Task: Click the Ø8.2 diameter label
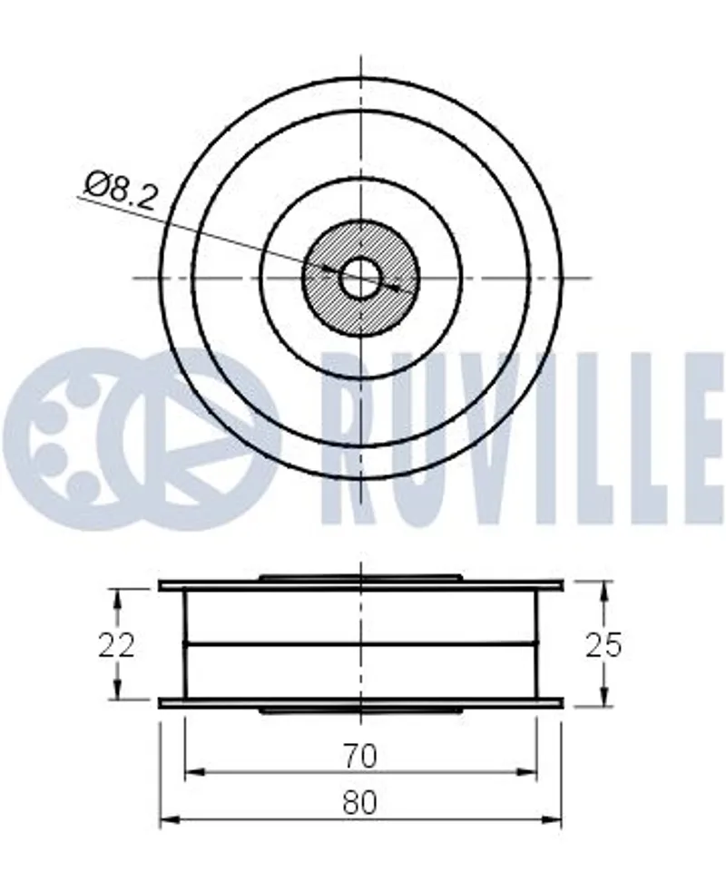pyautogui.click(x=119, y=191)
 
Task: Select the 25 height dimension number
pyautogui.click(x=604, y=644)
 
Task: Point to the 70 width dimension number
pyautogui.click(x=360, y=756)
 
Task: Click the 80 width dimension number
pyautogui.click(x=359, y=803)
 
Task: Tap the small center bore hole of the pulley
pyautogui.click(x=361, y=278)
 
